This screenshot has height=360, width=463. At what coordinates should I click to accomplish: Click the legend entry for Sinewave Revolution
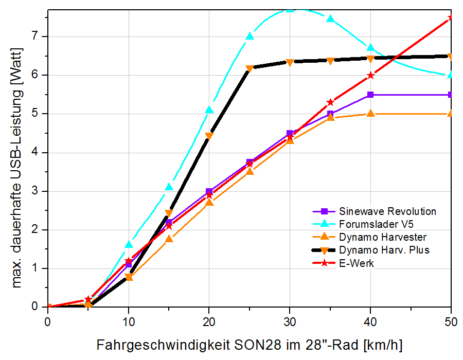[x=387, y=211]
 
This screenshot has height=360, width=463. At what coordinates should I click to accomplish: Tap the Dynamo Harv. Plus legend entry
[x=384, y=250]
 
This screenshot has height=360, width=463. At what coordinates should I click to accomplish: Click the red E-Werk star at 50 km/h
[x=451, y=18]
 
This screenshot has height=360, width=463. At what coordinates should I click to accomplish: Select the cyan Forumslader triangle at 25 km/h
[x=250, y=37]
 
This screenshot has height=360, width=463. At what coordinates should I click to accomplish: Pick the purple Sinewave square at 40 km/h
[x=370, y=95]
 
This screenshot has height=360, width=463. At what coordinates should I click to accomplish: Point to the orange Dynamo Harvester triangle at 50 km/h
[x=451, y=113]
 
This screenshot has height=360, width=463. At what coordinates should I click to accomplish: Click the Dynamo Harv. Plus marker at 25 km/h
[x=250, y=68]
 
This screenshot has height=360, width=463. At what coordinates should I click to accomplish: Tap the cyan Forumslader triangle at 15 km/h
[x=169, y=187]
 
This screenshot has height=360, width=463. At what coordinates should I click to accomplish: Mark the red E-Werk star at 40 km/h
[x=370, y=76]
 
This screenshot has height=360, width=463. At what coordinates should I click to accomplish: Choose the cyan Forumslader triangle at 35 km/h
[x=330, y=19]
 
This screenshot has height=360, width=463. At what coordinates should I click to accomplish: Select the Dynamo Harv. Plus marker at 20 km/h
[x=209, y=136]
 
